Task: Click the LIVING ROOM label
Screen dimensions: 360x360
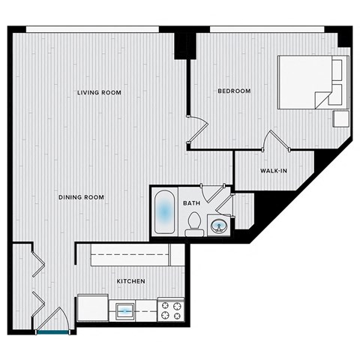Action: click(x=99, y=92)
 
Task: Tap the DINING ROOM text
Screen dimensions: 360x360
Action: click(x=81, y=197)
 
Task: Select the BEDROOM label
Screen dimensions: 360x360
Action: click(x=234, y=91)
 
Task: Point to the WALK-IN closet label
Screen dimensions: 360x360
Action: click(x=273, y=171)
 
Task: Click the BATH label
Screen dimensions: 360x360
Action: click(x=192, y=202)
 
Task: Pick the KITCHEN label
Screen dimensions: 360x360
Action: click(x=130, y=281)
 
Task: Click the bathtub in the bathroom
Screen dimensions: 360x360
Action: click(x=165, y=213)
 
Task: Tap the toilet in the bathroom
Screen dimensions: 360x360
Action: click(x=194, y=224)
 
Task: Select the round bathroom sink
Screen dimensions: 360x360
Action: click(x=220, y=225)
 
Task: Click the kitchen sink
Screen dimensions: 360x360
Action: click(x=124, y=308)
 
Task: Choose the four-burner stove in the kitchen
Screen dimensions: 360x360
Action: click(x=170, y=310)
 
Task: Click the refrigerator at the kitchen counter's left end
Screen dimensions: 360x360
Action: click(x=92, y=307)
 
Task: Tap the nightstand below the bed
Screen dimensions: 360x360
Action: click(x=341, y=118)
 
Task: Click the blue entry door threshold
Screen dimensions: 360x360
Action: click(x=52, y=330)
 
